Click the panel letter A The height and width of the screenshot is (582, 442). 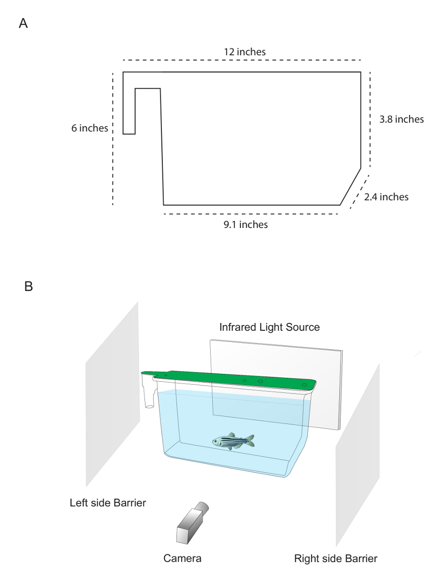23,23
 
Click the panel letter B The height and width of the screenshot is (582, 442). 29,286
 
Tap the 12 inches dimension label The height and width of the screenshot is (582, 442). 245,52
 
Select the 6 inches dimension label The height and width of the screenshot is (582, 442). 90,128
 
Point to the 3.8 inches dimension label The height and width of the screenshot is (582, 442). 401,119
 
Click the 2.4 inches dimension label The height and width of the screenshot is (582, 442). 386,197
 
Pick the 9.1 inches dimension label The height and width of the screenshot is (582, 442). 246,225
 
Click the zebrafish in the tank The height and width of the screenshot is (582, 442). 233,441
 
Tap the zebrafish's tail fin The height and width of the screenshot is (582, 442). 250,441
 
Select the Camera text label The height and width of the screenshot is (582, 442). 182,558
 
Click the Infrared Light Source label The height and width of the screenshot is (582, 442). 269,327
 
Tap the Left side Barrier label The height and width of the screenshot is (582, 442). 108,503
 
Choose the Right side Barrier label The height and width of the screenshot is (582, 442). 335,558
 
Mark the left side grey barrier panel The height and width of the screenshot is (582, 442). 112,394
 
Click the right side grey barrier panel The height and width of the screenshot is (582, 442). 358,455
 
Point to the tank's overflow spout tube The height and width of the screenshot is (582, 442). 149,399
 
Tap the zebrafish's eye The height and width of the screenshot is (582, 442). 216,441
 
